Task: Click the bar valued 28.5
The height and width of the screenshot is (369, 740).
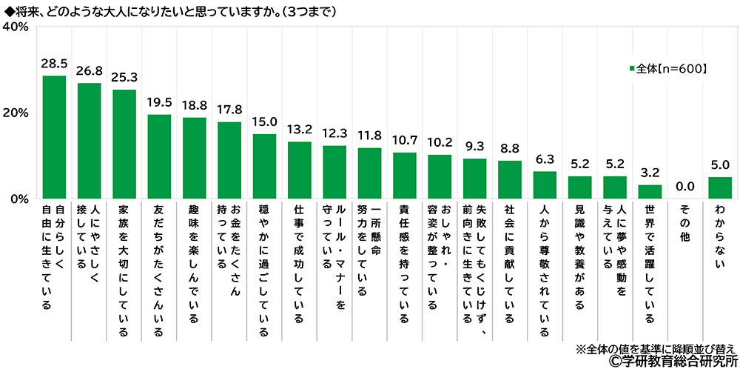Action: (54, 137)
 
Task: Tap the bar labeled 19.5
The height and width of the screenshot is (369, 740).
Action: (159, 156)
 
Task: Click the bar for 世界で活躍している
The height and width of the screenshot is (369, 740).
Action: (649, 192)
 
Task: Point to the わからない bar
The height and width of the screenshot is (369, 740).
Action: (719, 188)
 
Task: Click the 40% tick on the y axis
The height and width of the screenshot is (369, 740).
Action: (16, 27)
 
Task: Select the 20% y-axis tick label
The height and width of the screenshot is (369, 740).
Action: (16, 113)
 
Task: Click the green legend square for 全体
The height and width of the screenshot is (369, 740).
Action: (631, 69)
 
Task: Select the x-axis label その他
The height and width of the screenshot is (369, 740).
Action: (684, 223)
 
